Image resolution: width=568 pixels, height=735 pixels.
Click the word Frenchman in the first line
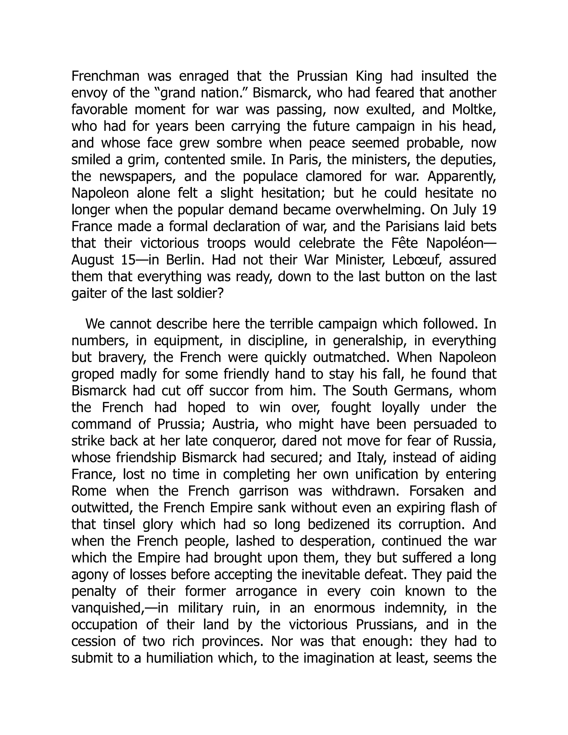(x=105, y=76)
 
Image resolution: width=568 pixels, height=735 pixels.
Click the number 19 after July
(x=489, y=210)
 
